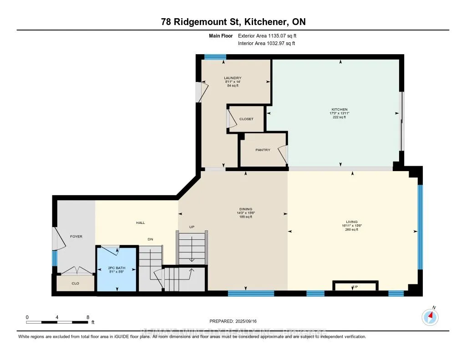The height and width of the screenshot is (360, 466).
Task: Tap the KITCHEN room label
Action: [339, 109]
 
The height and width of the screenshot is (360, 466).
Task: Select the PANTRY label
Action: [263, 150]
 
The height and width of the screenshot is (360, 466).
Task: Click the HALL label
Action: [140, 223]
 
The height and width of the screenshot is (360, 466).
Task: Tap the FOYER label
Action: [76, 236]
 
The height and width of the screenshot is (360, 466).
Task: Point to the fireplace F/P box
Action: [355, 286]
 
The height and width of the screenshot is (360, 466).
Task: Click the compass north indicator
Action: [430, 316]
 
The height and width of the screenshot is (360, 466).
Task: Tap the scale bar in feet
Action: [57, 322]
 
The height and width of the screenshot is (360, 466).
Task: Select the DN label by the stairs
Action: [149, 239]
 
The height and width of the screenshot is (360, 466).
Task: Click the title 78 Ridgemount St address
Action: [233, 22]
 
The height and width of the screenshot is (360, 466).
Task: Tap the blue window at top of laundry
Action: [215, 57]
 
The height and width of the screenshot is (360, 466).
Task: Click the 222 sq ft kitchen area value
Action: [339, 117]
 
